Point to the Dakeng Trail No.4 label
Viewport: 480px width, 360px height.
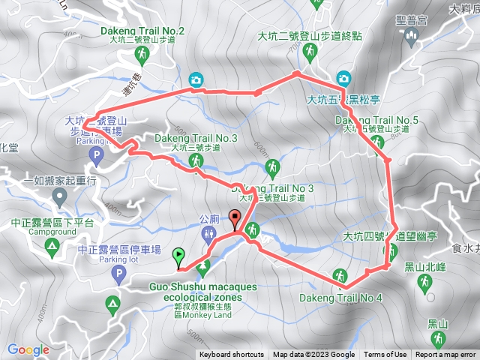[x=341, y=298]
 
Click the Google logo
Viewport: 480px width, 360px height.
[x=28, y=349]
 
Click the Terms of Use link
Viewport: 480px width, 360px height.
[x=385, y=355]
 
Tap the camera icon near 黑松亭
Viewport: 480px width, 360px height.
[x=343, y=78]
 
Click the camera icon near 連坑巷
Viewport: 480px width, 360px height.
[x=195, y=79]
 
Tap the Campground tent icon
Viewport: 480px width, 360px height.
[x=52, y=245]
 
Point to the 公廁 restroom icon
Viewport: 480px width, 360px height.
[x=210, y=234]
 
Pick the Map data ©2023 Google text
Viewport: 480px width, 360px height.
[x=313, y=355]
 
